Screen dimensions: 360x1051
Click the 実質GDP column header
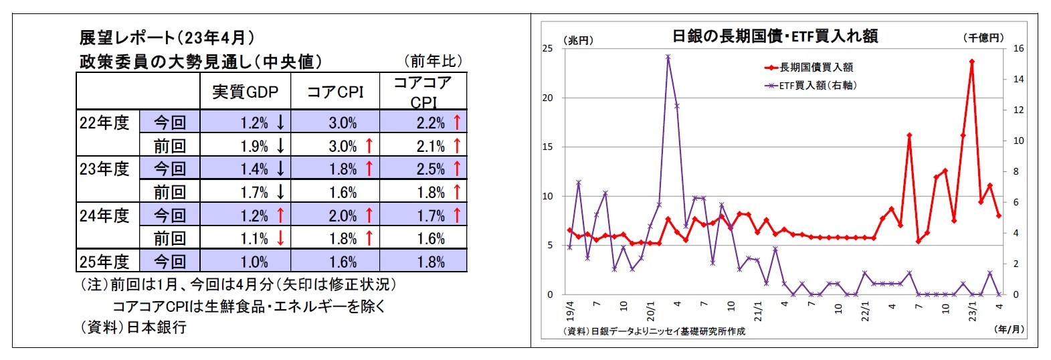(245, 92)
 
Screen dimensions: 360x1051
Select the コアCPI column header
(335, 92)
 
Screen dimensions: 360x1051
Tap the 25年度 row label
(104, 261)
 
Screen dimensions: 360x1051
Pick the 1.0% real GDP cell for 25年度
(254, 262)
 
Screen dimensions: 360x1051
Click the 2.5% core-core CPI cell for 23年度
(430, 169)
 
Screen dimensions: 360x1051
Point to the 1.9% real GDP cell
(254, 146)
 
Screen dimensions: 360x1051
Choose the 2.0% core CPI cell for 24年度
(343, 215)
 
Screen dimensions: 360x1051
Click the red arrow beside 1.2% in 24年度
(280, 215)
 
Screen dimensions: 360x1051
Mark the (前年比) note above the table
(433, 61)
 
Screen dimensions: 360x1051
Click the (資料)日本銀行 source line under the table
(133, 327)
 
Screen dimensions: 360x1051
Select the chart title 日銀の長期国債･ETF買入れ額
(775, 36)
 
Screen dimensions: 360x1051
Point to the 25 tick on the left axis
(547, 48)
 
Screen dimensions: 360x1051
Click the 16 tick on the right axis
(1018, 48)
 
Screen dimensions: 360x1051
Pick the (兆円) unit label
(578, 40)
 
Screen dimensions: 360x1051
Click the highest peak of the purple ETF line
(668, 57)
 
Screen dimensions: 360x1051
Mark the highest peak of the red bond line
(971, 62)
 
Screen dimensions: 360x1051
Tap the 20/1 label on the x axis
(651, 311)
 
